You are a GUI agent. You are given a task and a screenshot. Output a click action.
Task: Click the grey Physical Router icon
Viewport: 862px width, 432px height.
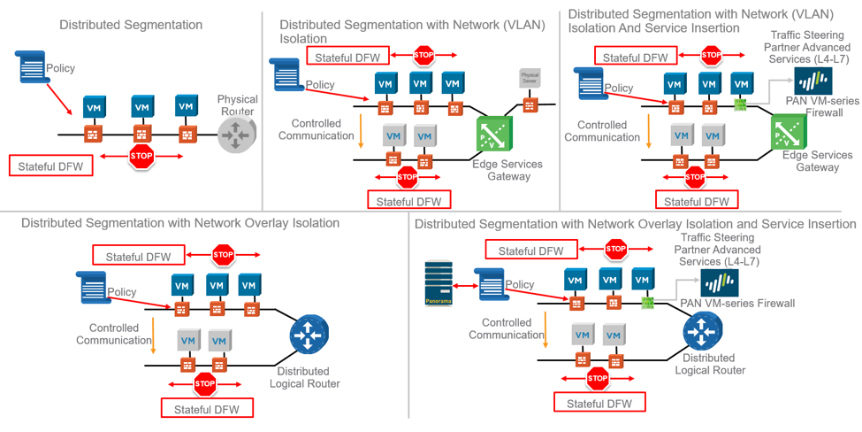pyautogui.click(x=237, y=135)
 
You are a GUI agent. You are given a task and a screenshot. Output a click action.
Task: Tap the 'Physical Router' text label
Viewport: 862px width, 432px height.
pyautogui.click(x=237, y=105)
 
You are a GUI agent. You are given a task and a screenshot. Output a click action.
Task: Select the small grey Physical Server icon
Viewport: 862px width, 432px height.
pyautogui.click(x=530, y=78)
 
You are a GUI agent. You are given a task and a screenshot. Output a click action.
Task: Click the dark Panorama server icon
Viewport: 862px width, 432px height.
pyautogui.click(x=439, y=284)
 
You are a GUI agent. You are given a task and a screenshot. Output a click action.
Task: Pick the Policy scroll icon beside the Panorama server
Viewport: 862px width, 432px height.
pyautogui.click(x=491, y=285)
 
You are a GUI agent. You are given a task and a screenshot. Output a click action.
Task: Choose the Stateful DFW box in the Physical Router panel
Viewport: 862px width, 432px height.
pyautogui.click(x=50, y=165)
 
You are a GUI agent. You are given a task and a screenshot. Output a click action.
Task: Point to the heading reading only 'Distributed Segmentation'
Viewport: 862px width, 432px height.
pyautogui.click(x=131, y=25)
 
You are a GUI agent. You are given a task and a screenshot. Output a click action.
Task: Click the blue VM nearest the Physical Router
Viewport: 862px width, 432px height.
pyautogui.click(x=186, y=106)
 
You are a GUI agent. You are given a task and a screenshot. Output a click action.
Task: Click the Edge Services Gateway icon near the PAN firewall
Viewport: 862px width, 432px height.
pyautogui.click(x=791, y=133)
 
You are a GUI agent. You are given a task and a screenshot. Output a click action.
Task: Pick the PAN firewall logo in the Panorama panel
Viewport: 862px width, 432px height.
pyautogui.click(x=719, y=284)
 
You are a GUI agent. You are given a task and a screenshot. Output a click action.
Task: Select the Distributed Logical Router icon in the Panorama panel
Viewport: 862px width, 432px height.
pyautogui.click(x=704, y=333)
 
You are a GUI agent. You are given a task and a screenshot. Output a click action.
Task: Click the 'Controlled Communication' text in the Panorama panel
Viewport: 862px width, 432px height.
pyautogui.click(x=507, y=328)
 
